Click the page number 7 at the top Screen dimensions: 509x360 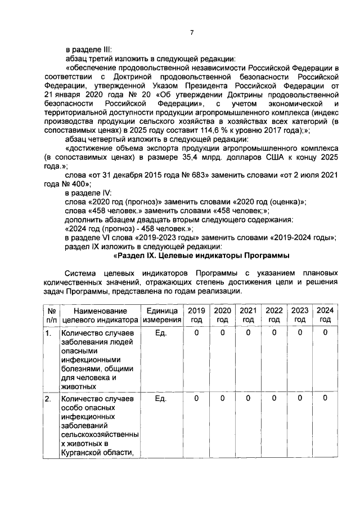191,32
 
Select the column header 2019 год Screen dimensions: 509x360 196,314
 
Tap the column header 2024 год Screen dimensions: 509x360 325,314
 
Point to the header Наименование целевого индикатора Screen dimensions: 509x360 100,314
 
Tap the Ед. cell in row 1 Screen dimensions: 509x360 161,333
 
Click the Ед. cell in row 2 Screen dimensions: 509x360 161,399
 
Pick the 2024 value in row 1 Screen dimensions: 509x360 325,333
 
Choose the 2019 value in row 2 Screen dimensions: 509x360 196,399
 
